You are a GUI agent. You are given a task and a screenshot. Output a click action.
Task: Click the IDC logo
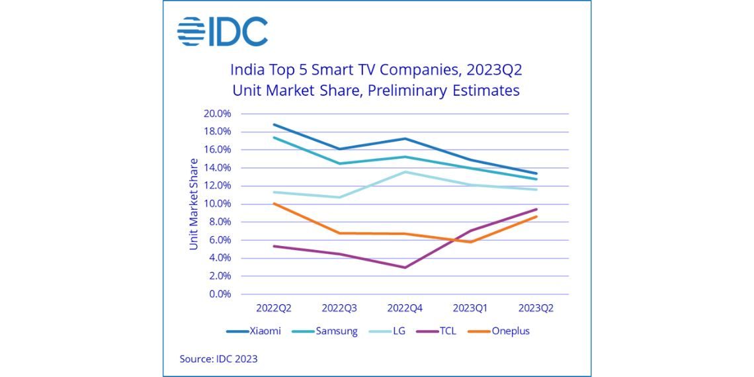pos(222,32)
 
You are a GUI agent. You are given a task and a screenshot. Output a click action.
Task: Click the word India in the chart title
pos(245,69)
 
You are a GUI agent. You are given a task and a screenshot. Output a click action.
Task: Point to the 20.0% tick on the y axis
pos(217,114)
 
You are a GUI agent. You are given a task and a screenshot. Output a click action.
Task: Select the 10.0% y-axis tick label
pos(217,204)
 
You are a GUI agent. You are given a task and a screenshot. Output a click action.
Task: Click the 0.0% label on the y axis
pos(220,294)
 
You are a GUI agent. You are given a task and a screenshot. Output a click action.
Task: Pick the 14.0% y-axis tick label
pos(217,168)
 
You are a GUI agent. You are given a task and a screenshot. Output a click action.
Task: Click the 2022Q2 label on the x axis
pos(273,308)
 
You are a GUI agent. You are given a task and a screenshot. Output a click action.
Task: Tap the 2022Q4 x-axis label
pos(405,308)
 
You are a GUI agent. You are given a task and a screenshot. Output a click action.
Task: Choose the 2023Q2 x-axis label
pos(536,308)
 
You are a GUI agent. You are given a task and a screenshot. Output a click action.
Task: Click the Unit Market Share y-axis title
pos(194,204)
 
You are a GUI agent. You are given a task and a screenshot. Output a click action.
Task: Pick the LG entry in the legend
pos(394,331)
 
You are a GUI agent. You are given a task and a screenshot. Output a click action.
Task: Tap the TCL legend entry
pos(446,331)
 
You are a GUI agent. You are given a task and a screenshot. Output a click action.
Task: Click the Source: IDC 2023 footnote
pos(218,359)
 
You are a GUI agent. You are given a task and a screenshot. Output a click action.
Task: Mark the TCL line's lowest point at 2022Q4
pos(405,267)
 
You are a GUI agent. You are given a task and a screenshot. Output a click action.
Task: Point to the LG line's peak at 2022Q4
pos(405,172)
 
